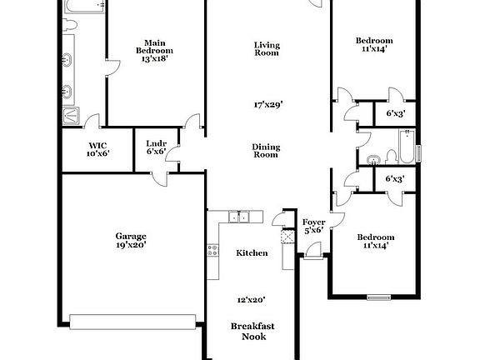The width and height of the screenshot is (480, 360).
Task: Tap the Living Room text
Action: (x=267, y=48)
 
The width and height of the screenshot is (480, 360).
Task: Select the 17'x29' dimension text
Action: (x=268, y=105)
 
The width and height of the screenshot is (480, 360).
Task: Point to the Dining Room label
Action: (x=266, y=151)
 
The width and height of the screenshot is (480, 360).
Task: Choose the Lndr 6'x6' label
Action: (x=157, y=147)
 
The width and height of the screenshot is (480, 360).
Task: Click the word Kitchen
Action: (x=252, y=252)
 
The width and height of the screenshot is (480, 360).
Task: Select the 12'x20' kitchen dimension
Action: (x=252, y=299)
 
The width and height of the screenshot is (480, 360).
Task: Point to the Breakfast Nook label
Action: (x=252, y=331)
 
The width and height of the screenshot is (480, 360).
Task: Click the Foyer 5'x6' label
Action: (x=313, y=227)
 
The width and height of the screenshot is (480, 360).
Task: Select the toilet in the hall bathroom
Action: (x=374, y=156)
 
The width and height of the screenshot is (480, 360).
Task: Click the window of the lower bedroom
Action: (x=379, y=296)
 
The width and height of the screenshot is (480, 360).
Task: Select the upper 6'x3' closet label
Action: (x=394, y=112)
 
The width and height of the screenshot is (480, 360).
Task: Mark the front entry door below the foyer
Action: (x=312, y=257)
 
